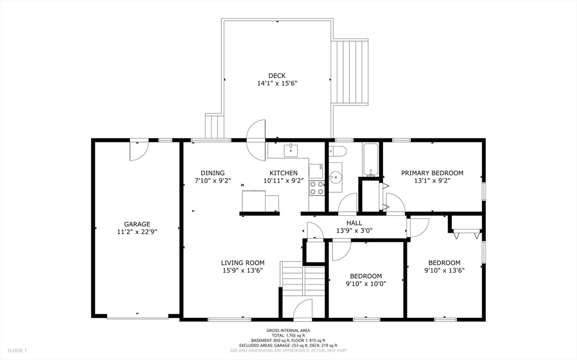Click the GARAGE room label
tap(137, 224)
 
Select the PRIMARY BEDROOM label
tap(432, 173)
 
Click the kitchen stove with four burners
tap(316, 188)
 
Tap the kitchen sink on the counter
tap(291, 150)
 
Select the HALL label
tap(354, 223)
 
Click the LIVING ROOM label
tap(242, 263)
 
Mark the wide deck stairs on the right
tap(350, 72)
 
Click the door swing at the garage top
tap(139, 150)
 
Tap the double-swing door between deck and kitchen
tap(256, 139)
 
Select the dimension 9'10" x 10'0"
tap(366, 284)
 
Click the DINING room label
tap(212, 173)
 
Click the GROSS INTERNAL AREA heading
tap(288, 331)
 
